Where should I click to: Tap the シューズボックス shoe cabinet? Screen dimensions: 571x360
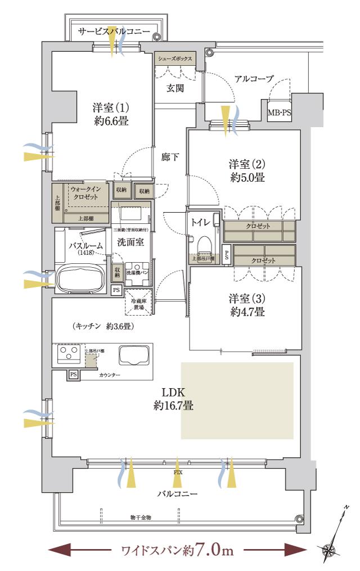(x=175, y=59)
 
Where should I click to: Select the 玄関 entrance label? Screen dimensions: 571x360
(x=175, y=88)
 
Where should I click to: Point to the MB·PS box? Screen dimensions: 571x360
(x=279, y=113)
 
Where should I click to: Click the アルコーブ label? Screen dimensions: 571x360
(x=254, y=79)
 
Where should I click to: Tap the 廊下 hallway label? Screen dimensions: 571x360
(x=170, y=157)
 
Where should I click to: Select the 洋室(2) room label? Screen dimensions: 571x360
(x=246, y=170)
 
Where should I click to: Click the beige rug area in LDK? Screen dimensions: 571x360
(x=237, y=401)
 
